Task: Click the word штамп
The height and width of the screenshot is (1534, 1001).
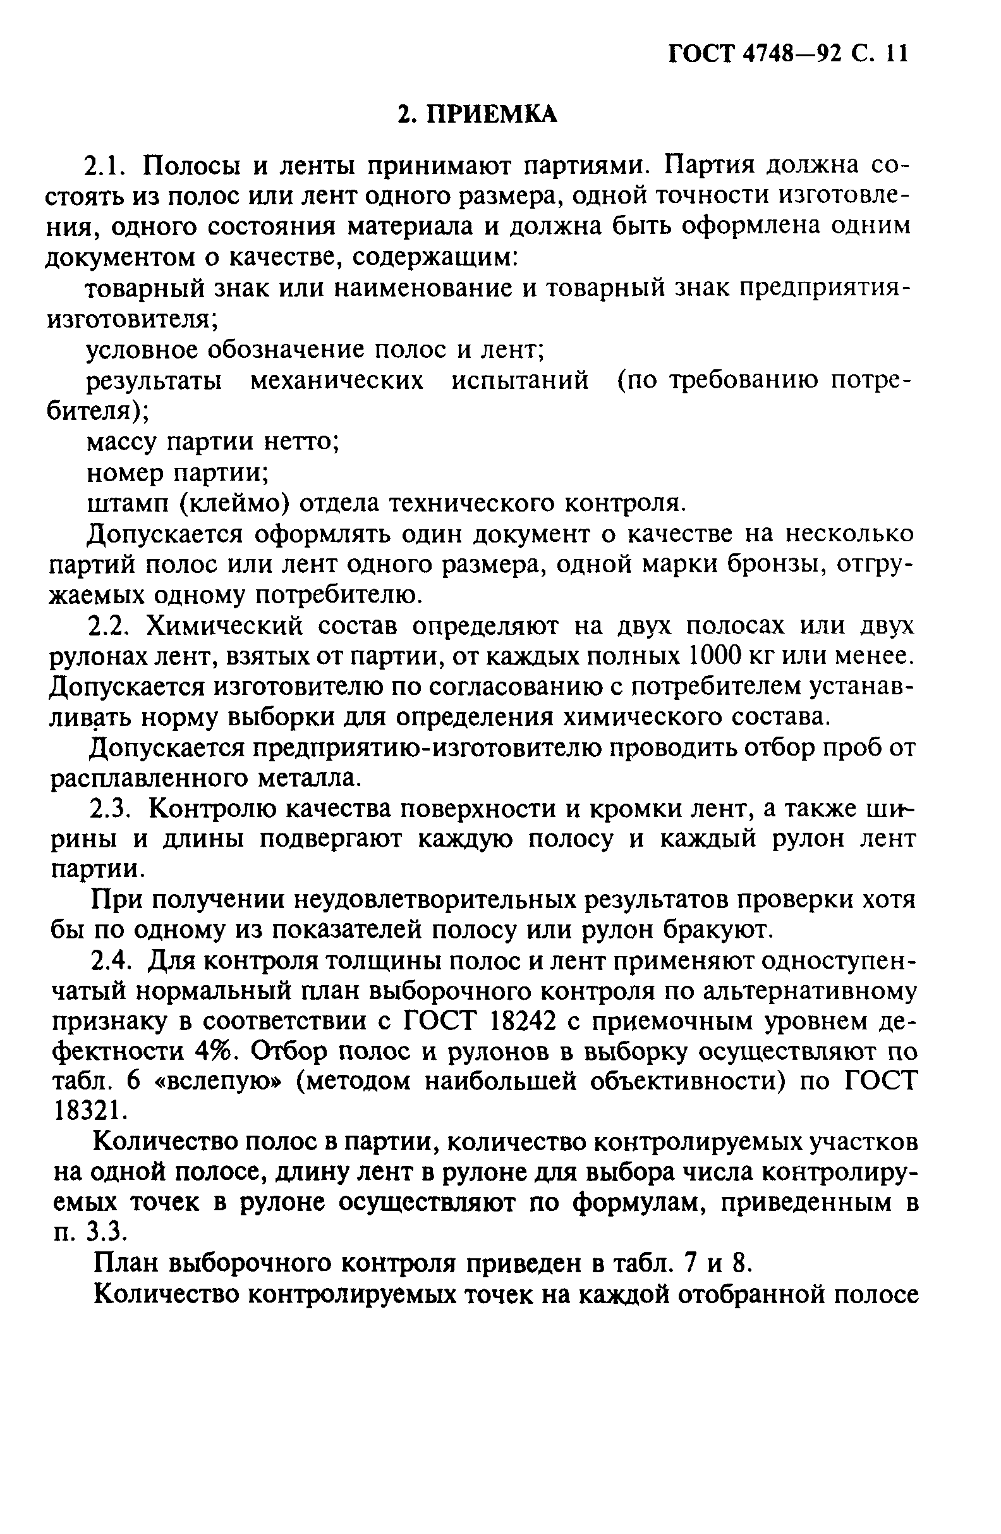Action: (126, 503)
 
